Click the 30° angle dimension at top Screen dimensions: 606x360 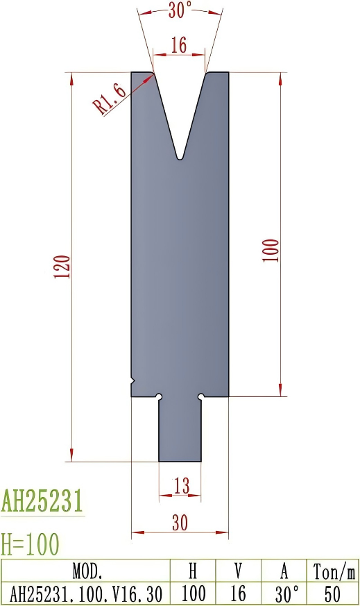click(x=180, y=10)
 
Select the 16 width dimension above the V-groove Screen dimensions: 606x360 click(x=179, y=46)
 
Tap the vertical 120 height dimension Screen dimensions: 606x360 click(x=63, y=267)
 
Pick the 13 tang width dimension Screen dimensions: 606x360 click(x=181, y=487)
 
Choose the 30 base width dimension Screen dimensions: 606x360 click(x=180, y=523)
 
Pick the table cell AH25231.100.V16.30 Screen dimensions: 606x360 click(x=87, y=594)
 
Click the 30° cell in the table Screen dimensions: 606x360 click(x=284, y=594)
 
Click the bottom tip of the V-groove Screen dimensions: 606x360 click(x=180, y=158)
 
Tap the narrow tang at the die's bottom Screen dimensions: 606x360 click(x=180, y=430)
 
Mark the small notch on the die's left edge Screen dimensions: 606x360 click(x=132, y=380)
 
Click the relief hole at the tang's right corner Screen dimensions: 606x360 click(x=200, y=396)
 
